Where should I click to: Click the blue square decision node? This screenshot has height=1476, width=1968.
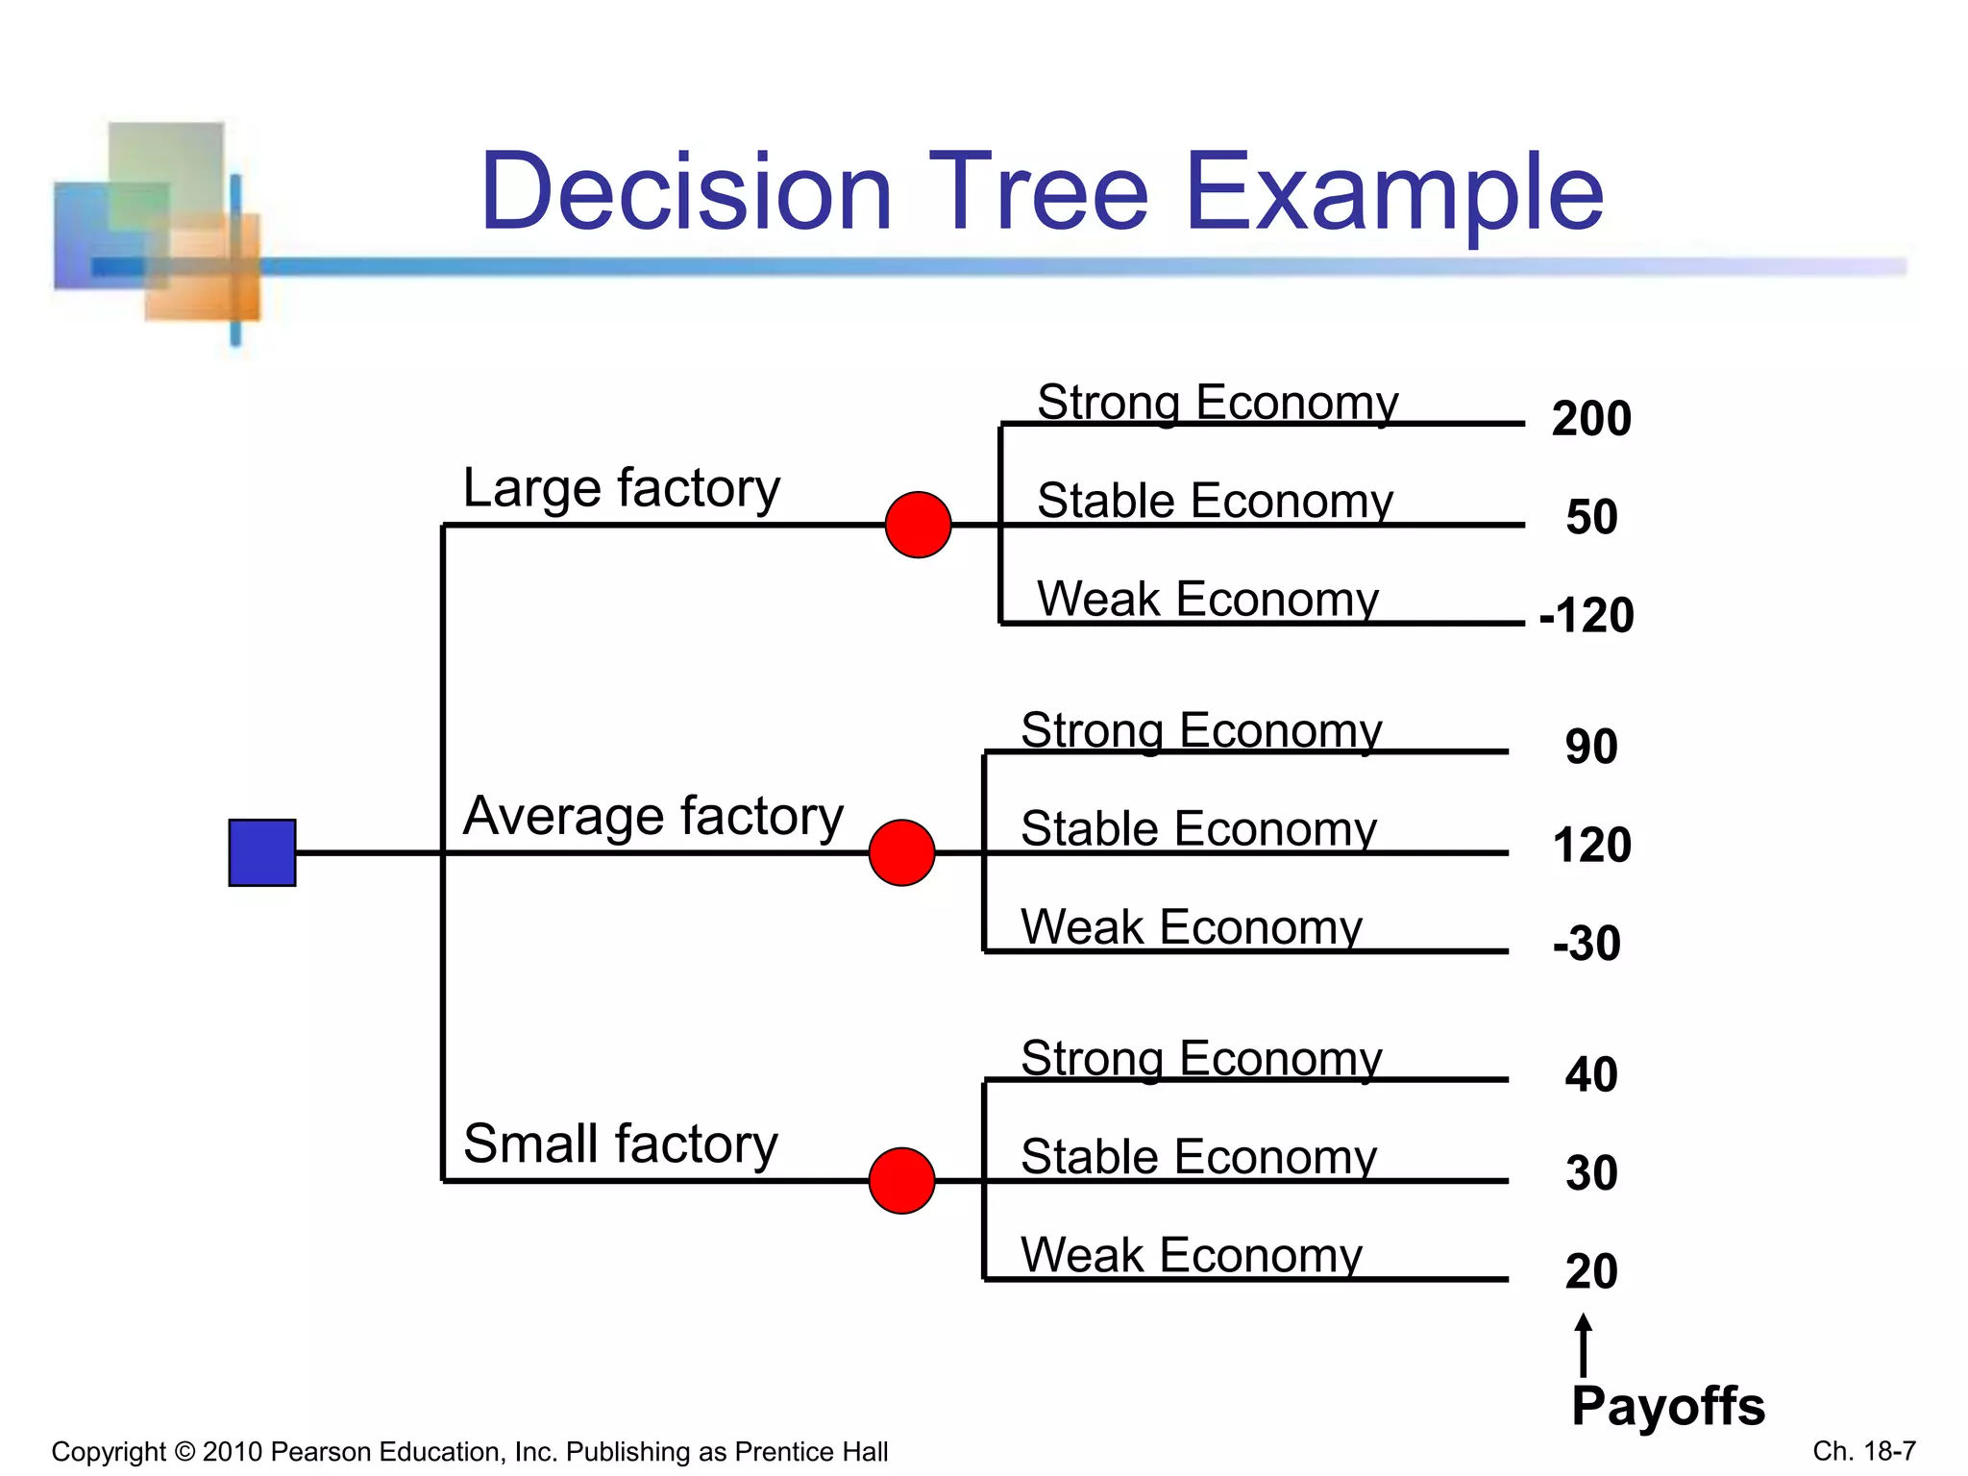pyautogui.click(x=262, y=852)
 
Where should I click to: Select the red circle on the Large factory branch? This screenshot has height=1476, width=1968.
pyautogui.click(x=918, y=525)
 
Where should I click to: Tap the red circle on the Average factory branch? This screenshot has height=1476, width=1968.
pyautogui.click(x=901, y=852)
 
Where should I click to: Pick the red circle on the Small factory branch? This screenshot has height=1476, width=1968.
pyautogui.click(x=901, y=1180)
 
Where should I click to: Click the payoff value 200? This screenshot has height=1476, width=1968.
pyautogui.click(x=1591, y=419)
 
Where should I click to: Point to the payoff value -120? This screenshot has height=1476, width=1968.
pyautogui.click(x=1587, y=615)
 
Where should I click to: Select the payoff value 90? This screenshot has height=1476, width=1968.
pyautogui.click(x=1591, y=747)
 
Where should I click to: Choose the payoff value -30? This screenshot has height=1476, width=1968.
pyautogui.click(x=1587, y=943)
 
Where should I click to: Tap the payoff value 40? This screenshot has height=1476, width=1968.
pyautogui.click(x=1591, y=1074)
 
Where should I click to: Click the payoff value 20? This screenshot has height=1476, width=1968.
pyautogui.click(x=1591, y=1271)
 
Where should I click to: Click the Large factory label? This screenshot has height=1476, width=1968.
pyautogui.click(x=621, y=488)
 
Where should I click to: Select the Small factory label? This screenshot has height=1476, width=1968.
pyautogui.click(x=620, y=1144)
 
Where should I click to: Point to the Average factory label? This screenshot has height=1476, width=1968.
pyautogui.click(x=652, y=816)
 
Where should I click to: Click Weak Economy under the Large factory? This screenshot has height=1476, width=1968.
pyautogui.click(x=1208, y=600)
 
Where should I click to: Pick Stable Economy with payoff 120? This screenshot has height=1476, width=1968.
pyautogui.click(x=1198, y=828)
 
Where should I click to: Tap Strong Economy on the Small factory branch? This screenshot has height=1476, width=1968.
pyautogui.click(x=1201, y=1058)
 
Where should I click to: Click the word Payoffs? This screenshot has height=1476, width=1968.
pyautogui.click(x=1668, y=1407)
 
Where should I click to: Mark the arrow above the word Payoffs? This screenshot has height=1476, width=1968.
pyautogui.click(x=1584, y=1344)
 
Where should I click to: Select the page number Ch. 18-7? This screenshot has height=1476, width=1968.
pyautogui.click(x=1864, y=1450)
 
